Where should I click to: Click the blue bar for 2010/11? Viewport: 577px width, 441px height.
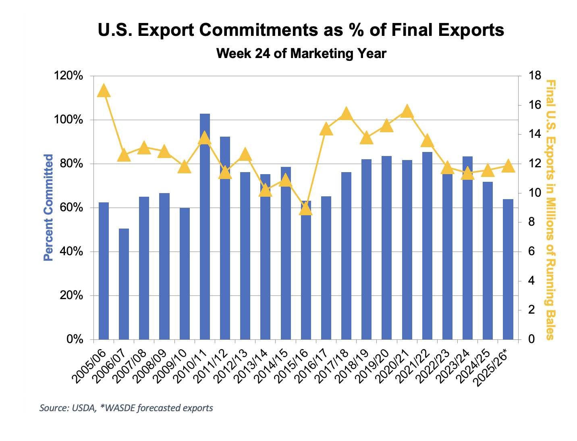pyautogui.click(x=205, y=226)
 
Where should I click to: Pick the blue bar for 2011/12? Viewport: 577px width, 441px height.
pyautogui.click(x=225, y=238)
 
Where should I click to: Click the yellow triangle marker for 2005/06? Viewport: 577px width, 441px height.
pyautogui.click(x=104, y=91)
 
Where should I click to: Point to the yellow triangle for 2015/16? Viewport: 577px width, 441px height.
pyautogui.click(x=306, y=208)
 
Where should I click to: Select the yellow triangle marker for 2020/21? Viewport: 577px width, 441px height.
pyautogui.click(x=407, y=111)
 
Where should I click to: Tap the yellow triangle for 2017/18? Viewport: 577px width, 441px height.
pyautogui.click(x=347, y=114)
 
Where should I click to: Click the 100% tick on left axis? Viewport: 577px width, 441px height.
pyautogui.click(x=72, y=120)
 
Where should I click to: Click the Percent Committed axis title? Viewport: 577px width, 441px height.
pyautogui.click(x=48, y=207)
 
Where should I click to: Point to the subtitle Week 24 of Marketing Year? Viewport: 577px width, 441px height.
pyautogui.click(x=301, y=53)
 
